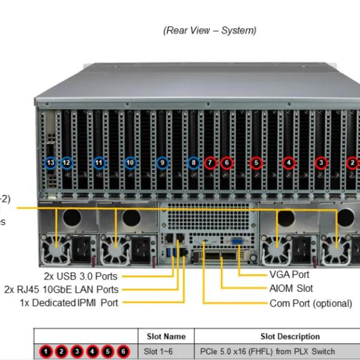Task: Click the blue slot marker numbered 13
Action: tap(50, 162)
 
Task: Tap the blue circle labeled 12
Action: tap(67, 162)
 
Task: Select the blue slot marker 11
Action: tap(99, 162)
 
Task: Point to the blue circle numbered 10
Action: tap(130, 162)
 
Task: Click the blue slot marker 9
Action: tap(161, 162)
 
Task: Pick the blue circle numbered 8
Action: tap(193, 162)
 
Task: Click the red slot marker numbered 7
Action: tap(209, 162)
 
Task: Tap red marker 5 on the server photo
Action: tap(256, 162)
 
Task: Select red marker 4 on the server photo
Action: tap(289, 162)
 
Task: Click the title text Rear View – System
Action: tap(209, 31)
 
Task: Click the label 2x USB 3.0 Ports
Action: tap(80, 277)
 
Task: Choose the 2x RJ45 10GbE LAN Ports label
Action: tap(61, 290)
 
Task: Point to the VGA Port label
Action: tap(290, 275)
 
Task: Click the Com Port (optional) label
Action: tap(311, 303)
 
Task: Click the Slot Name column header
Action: tap(166, 337)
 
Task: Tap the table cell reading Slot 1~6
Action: tap(158, 351)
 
